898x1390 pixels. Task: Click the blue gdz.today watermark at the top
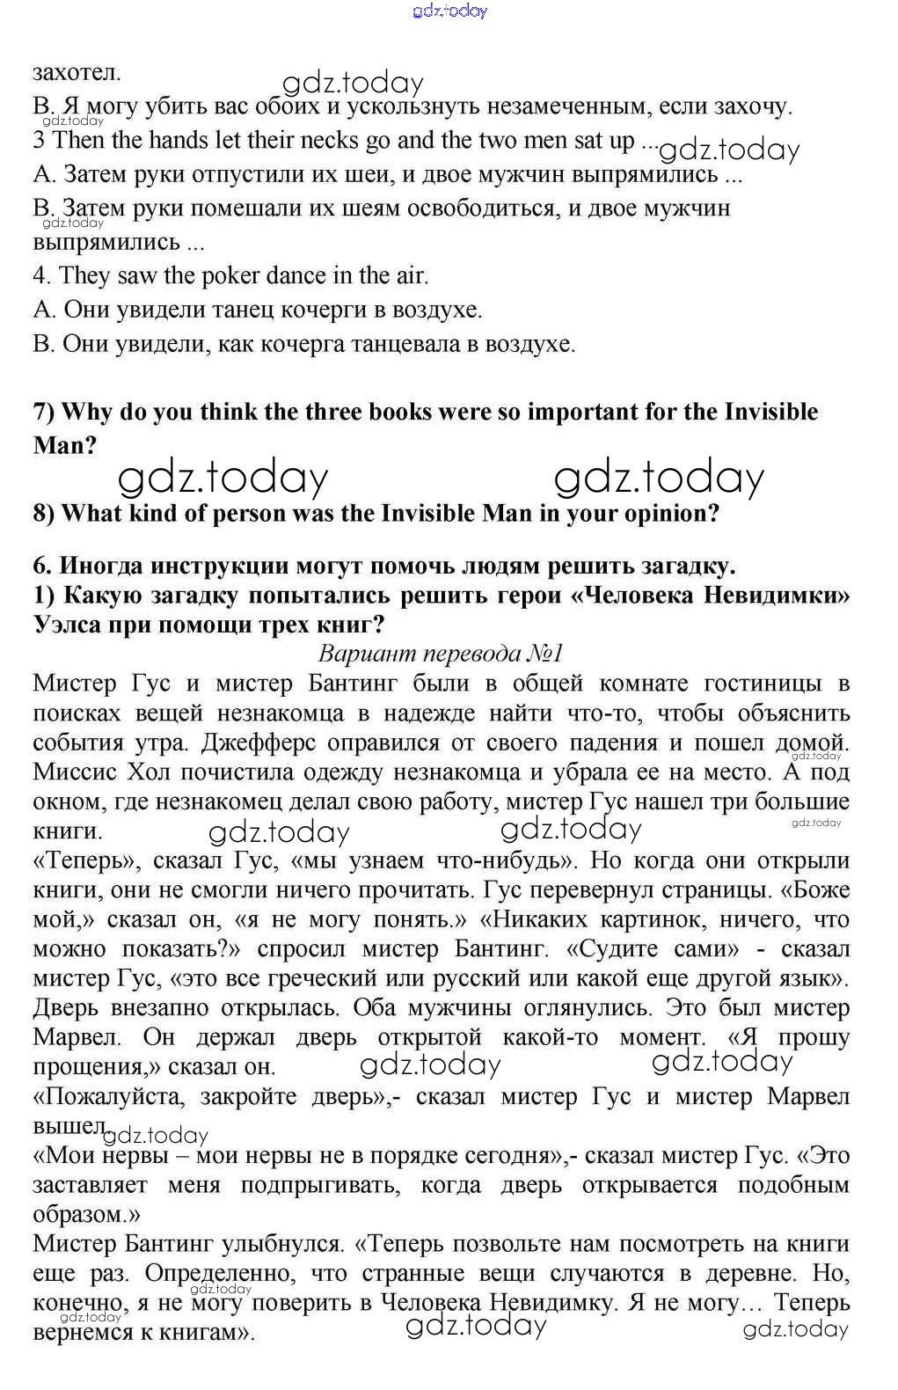pos(449,11)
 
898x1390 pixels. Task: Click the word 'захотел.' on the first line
pos(77,73)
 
